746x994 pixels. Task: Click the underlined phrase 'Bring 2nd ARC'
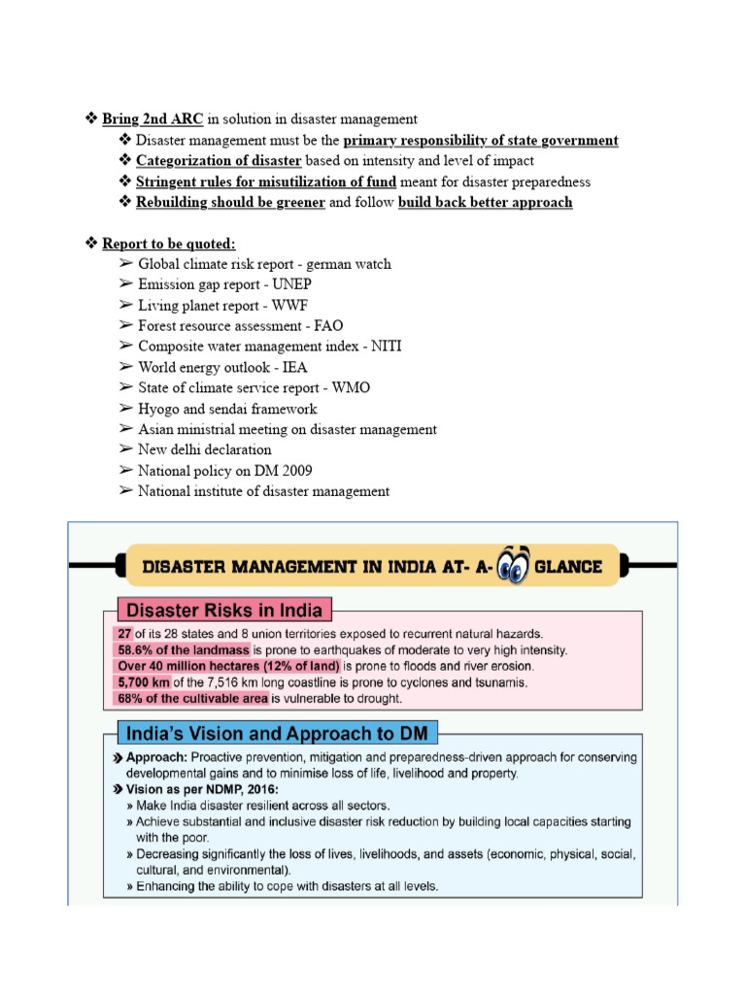click(153, 119)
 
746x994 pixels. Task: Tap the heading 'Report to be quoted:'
click(169, 244)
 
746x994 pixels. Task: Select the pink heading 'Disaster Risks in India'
click(224, 611)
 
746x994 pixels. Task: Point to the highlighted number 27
click(124, 634)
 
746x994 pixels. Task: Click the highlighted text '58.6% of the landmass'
click(184, 649)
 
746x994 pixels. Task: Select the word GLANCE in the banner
click(568, 567)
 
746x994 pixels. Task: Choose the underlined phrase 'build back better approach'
click(485, 203)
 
